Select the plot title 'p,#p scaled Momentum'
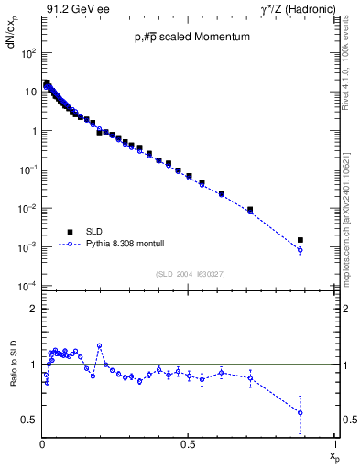point(188,38)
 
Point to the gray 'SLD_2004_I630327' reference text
point(190,274)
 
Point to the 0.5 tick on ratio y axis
point(30,420)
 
